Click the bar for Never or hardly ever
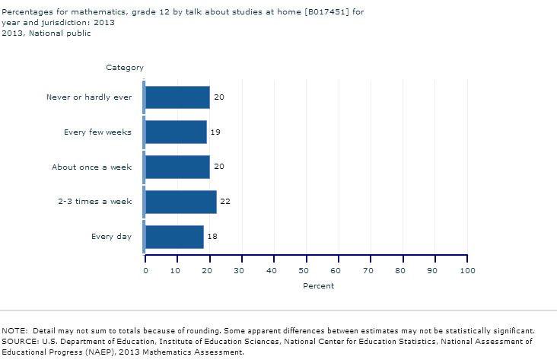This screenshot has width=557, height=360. pos(177,97)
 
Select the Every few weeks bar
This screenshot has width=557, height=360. pos(175,132)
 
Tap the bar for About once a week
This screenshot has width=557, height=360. pos(177,167)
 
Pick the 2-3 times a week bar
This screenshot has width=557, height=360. pos(180,202)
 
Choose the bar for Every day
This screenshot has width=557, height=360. pos(173,237)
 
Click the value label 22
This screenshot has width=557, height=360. pos(224,202)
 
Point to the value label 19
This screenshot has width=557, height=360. pos(215,132)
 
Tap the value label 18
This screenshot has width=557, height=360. pos(212,237)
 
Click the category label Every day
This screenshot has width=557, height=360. pos(111,237)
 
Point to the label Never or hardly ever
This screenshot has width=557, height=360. pos(89,97)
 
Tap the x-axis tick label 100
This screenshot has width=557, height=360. pos(467,270)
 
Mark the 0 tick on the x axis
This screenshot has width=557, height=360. pos(145,270)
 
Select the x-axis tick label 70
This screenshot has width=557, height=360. pos(371,270)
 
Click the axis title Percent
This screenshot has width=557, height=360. pos(318,286)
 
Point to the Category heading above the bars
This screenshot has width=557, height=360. pos(125,68)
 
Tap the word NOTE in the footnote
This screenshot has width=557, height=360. pos(14,331)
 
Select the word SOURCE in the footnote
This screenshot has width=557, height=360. pos(19,342)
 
